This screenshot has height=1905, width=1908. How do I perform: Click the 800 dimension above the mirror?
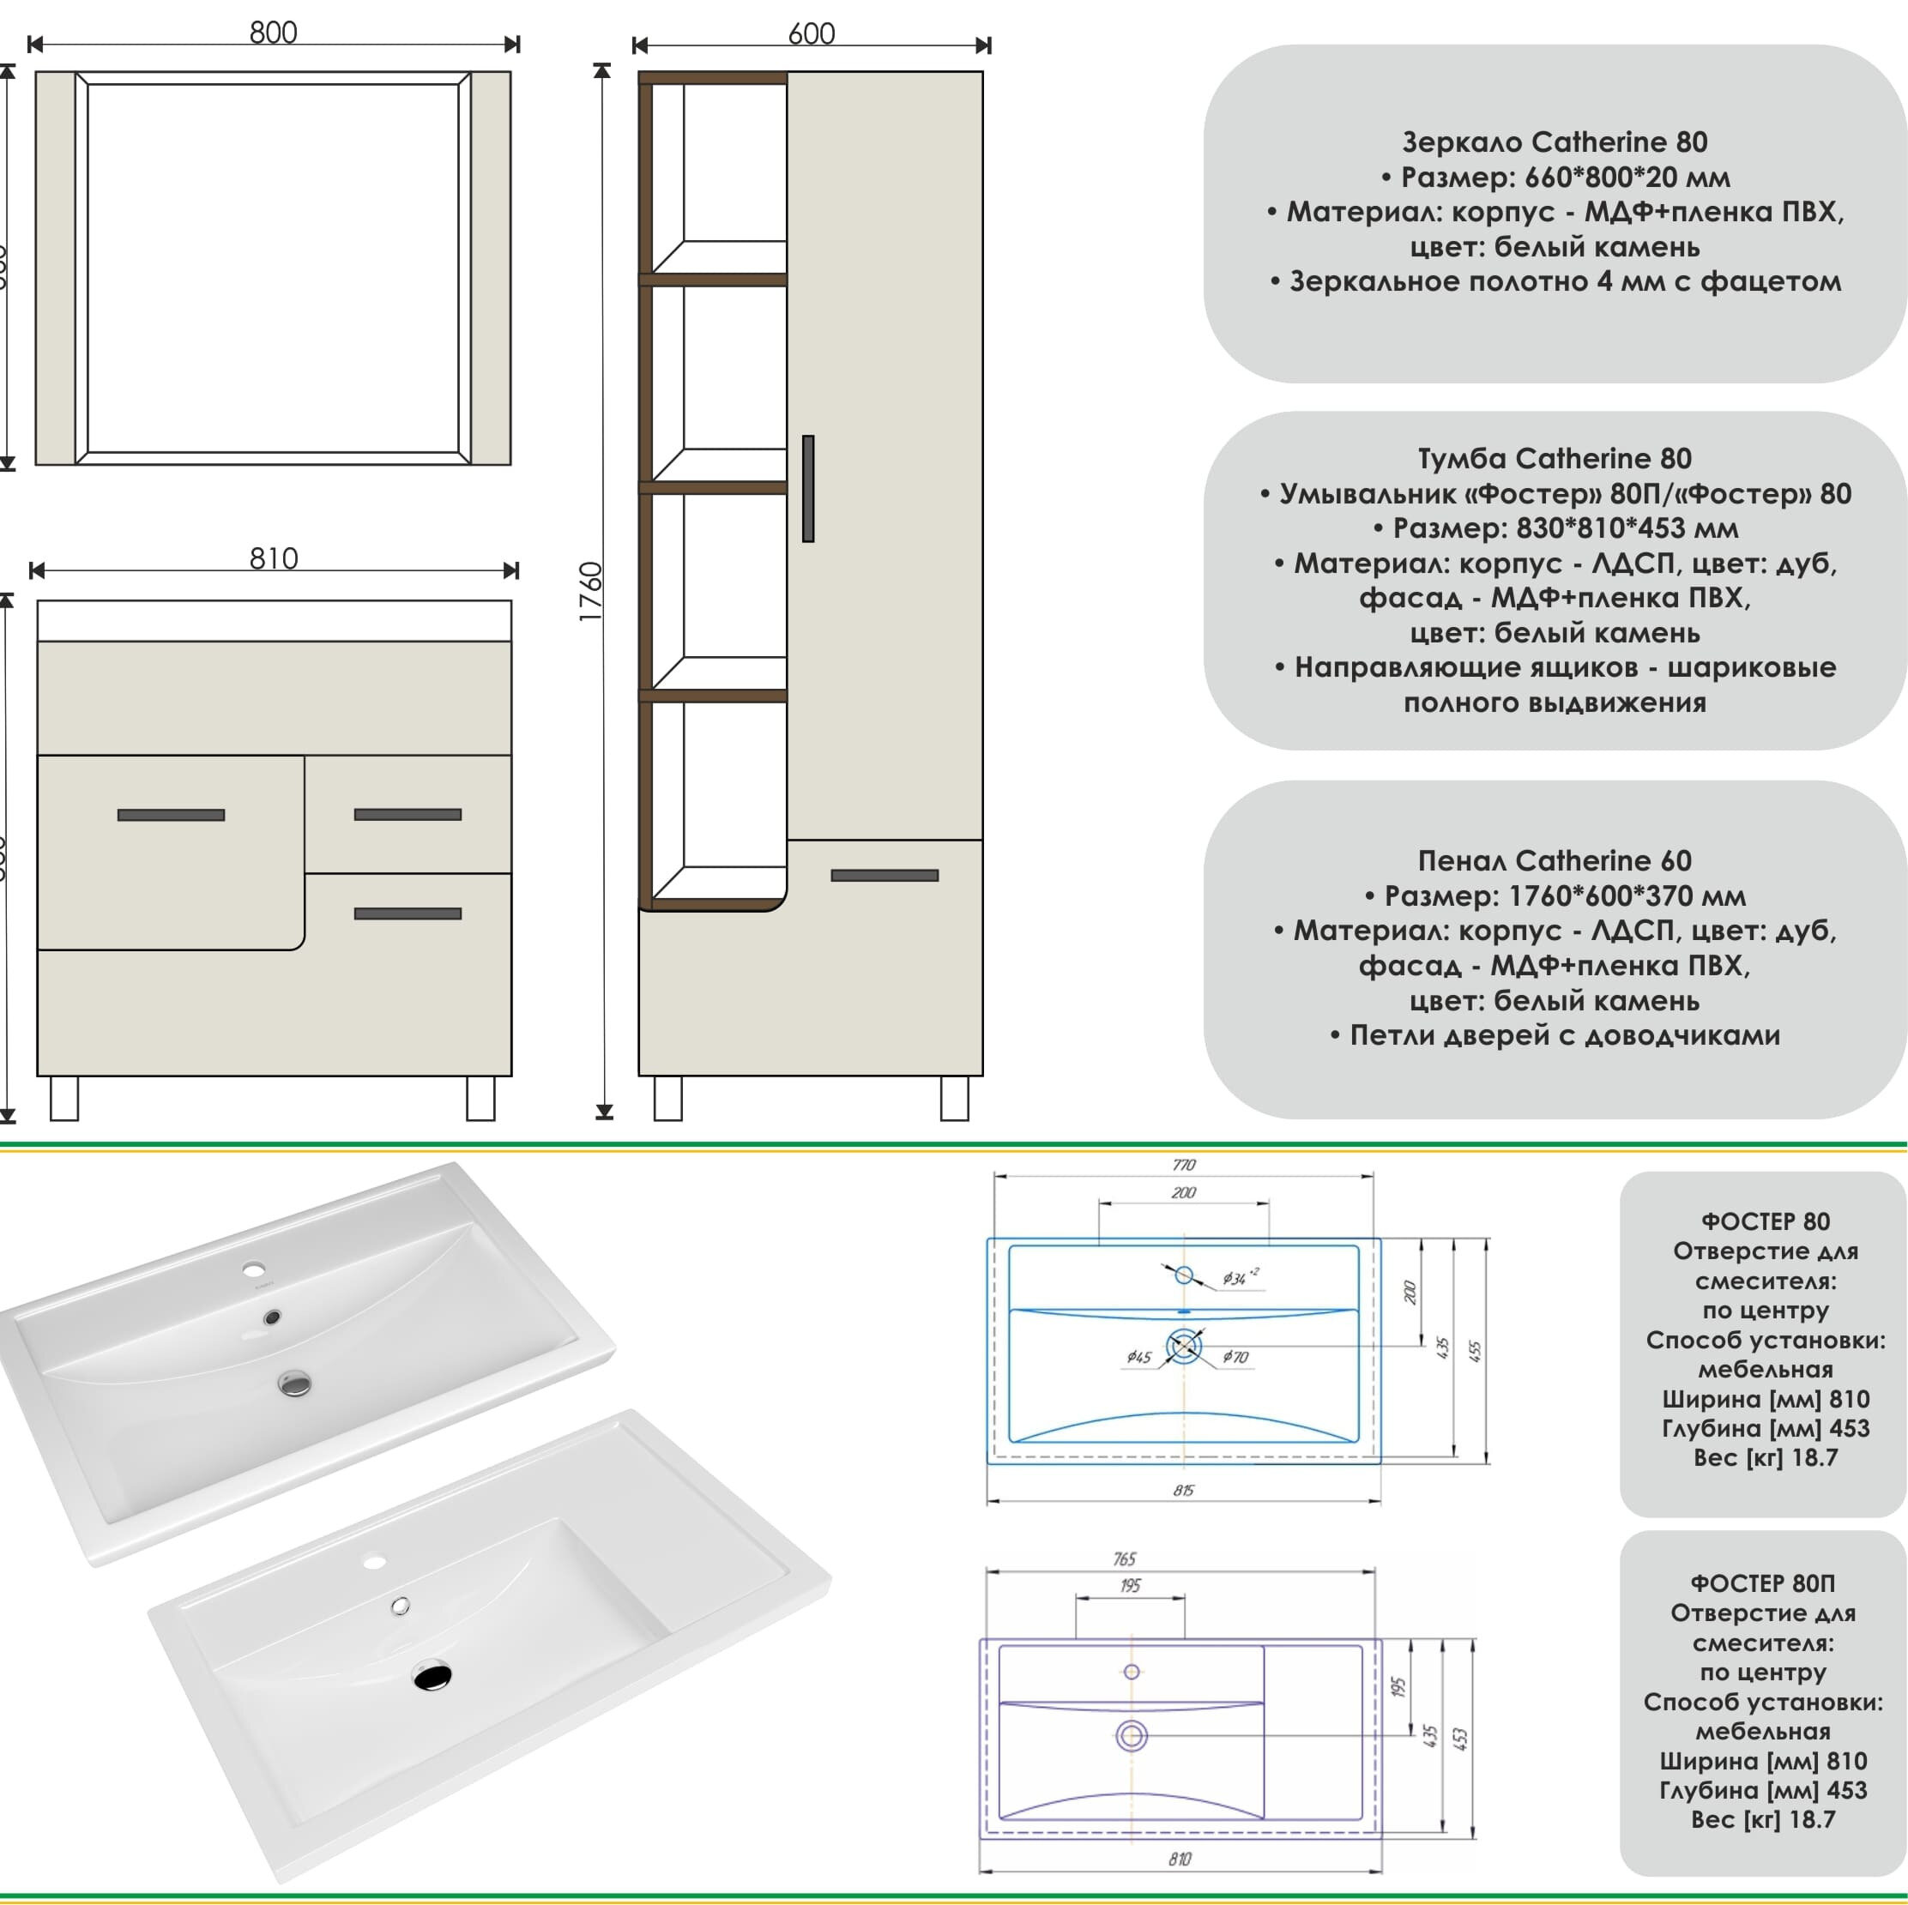[x=273, y=33]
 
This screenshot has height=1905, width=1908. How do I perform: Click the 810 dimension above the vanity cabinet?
[x=274, y=559]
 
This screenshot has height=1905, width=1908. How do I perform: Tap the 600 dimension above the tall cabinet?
[x=811, y=33]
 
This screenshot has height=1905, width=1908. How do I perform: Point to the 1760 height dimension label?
[x=590, y=591]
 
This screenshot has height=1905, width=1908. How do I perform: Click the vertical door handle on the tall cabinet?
[x=808, y=488]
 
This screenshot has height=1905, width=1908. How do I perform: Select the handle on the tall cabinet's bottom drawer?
[x=884, y=875]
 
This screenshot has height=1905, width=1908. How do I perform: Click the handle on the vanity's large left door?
[x=171, y=815]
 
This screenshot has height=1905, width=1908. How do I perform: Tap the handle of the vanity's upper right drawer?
[x=408, y=815]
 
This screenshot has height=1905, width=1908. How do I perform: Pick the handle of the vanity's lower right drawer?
[x=408, y=913]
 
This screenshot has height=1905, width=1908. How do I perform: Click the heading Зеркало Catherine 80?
[x=1555, y=142]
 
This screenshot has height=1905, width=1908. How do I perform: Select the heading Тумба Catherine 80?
[x=1555, y=458]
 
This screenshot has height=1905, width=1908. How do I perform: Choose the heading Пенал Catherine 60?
[x=1555, y=860]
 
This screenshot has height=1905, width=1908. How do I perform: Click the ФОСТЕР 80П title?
[x=1763, y=1583]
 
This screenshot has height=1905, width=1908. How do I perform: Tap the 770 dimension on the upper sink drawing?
[x=1183, y=1166]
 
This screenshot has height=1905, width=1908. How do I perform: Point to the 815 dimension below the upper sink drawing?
[x=1183, y=1490]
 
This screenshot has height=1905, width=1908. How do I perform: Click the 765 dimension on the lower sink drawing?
[x=1124, y=1559]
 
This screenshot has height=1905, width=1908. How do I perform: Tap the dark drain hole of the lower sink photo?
[x=432, y=1676]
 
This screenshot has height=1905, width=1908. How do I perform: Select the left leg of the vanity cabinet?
[x=64, y=1097]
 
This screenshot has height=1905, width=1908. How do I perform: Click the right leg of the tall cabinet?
[x=954, y=1097]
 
